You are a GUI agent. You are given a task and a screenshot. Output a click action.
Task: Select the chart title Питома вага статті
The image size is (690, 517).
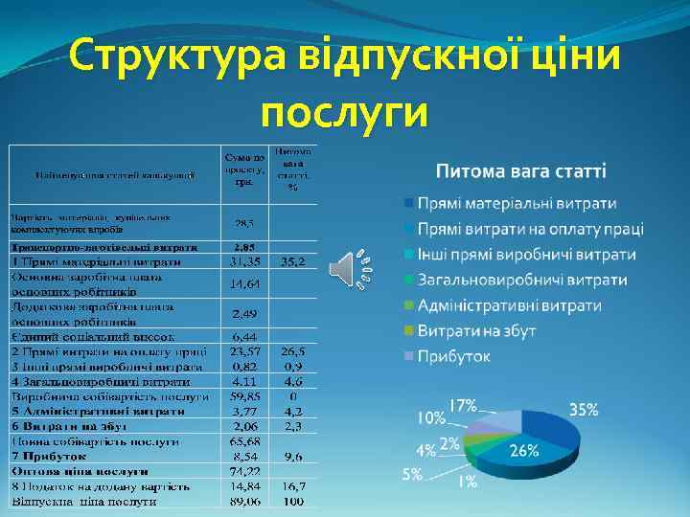point(520,171)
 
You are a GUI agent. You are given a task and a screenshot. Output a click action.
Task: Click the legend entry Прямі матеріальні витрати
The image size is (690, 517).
point(516,204)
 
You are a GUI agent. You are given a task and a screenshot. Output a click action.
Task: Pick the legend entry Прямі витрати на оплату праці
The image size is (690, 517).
point(530,230)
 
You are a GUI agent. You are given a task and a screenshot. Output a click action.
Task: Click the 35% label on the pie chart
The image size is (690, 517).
point(584,410)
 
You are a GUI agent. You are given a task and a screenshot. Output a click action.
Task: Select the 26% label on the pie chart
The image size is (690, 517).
point(523,450)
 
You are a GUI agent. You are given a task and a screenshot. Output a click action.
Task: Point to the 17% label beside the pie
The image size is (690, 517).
point(464,404)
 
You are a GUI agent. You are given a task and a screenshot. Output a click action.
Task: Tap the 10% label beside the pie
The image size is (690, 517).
point(430,418)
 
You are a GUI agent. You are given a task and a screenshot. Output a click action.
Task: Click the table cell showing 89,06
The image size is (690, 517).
point(244,500)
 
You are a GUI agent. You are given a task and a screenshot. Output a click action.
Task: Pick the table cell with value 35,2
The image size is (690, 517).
point(293,261)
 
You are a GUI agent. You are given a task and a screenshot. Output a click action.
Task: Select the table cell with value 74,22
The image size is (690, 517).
point(244,472)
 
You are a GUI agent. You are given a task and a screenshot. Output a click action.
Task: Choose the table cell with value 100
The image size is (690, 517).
point(293,500)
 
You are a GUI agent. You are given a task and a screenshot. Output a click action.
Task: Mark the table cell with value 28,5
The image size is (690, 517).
point(244,223)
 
